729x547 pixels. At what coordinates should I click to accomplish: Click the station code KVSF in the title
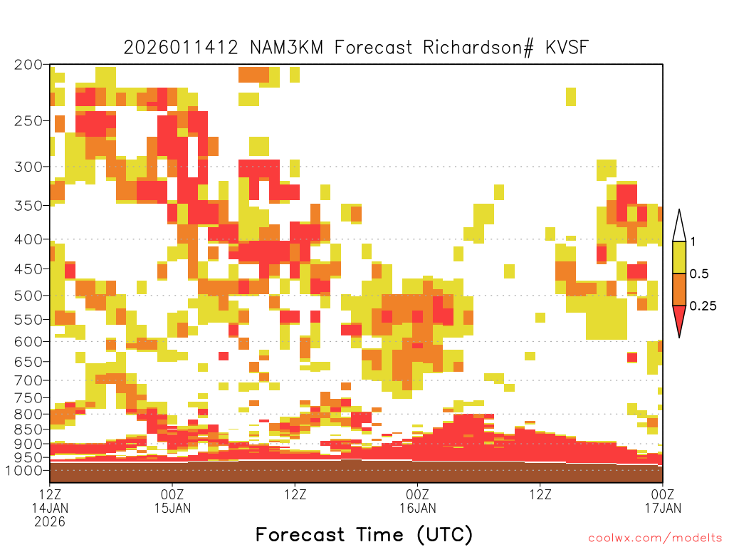coord(567,47)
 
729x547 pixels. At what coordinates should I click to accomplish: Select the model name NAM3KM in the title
coord(286,47)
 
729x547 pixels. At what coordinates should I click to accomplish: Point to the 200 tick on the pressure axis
coord(28,65)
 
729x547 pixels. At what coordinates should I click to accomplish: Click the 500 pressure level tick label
coord(28,296)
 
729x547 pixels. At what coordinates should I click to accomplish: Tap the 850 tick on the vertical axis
coord(28,429)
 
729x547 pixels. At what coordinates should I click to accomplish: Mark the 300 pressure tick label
coord(28,167)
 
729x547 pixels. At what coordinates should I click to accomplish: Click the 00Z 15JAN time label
coord(172,501)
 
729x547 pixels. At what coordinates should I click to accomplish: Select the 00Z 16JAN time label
coord(417,501)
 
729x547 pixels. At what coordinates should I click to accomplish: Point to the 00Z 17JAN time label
coord(663,501)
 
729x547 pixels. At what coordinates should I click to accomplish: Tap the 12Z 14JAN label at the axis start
coord(50,501)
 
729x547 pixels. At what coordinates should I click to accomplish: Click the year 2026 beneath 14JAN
coord(50,521)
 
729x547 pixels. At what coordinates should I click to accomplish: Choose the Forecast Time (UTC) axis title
coord(364,534)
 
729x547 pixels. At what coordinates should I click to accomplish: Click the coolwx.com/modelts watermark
coord(656,538)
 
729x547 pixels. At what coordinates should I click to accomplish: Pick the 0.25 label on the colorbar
coord(703,306)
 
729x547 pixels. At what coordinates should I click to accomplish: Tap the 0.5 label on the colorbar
coord(699,273)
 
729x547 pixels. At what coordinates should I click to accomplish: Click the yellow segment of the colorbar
coord(679,257)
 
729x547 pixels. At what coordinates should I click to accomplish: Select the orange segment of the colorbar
coord(679,289)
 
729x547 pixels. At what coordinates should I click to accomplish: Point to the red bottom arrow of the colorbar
coord(679,318)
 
